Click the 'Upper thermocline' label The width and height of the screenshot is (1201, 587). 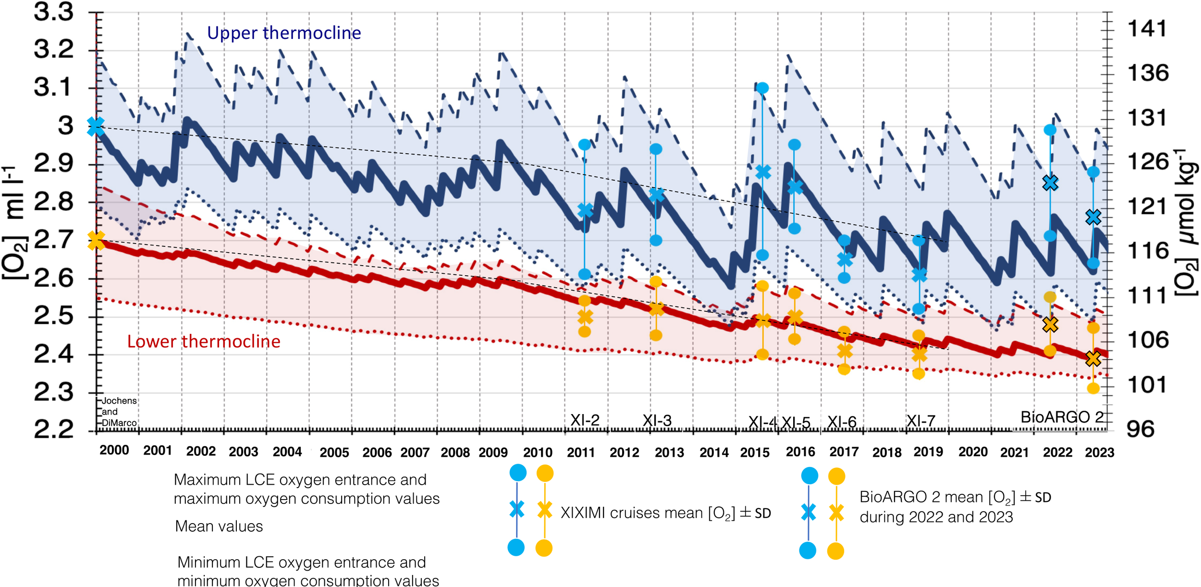[x=284, y=33]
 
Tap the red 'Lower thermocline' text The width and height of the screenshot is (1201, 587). [x=204, y=342]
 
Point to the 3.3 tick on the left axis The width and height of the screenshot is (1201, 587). [x=54, y=12]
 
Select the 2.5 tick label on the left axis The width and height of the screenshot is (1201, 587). [x=54, y=317]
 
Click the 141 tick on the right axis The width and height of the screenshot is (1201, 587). [x=1147, y=29]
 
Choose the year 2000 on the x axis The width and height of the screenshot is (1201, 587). [x=114, y=451]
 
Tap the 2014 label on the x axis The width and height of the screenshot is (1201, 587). [x=714, y=452]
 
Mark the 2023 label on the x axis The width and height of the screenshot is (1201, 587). [x=1100, y=452]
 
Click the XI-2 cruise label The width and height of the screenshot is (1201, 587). [x=585, y=420]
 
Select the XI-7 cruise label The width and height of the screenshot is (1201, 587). [x=920, y=421]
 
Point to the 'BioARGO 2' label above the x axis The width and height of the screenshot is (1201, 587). [x=1062, y=417]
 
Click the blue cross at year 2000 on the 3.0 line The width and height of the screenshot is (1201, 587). [x=96, y=127]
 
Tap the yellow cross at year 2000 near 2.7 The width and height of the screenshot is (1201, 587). [x=96, y=240]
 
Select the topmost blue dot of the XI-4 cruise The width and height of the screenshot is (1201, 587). [x=762, y=88]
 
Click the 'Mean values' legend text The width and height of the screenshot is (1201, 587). [x=219, y=526]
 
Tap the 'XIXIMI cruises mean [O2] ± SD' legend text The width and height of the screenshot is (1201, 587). [x=666, y=513]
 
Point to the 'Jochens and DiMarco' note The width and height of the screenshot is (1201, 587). [x=119, y=412]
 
